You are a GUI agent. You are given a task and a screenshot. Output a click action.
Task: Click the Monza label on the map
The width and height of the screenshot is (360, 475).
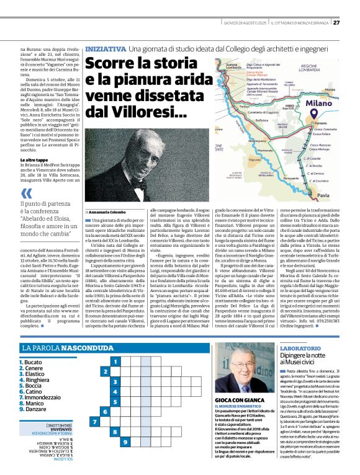click(x=325, y=67)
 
